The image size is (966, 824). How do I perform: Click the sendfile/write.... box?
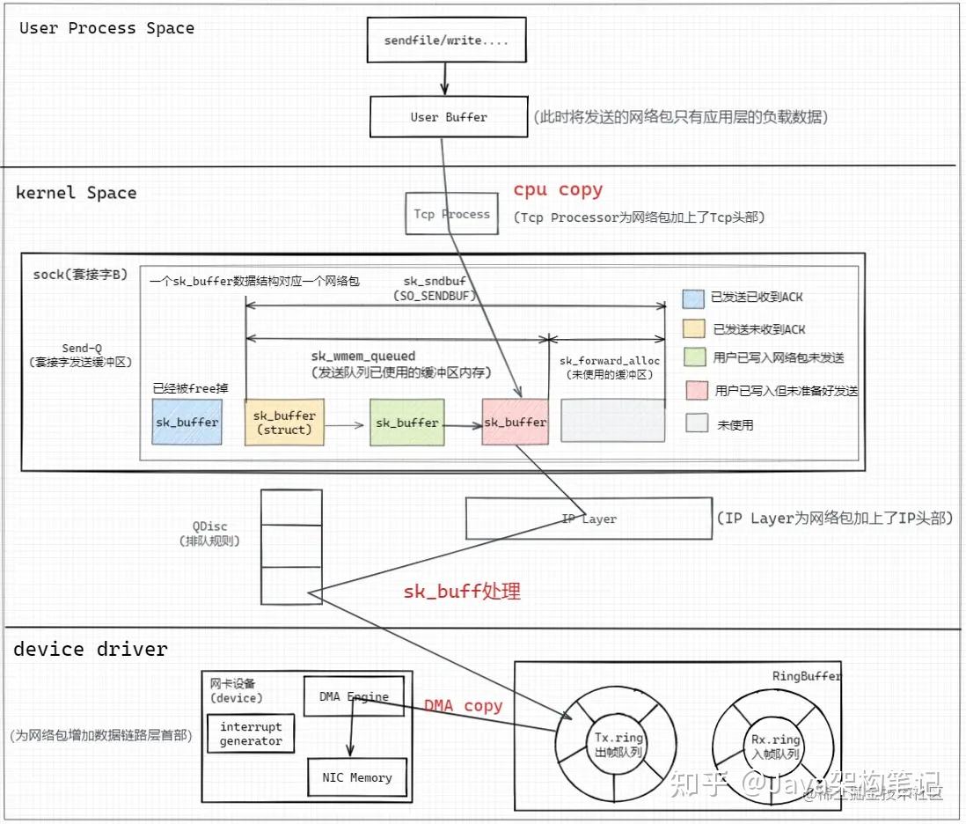point(446,40)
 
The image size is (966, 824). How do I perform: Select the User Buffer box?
point(448,117)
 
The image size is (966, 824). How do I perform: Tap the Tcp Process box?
point(451,214)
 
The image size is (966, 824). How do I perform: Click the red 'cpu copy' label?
point(558,189)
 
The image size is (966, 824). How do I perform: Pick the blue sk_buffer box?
point(187,422)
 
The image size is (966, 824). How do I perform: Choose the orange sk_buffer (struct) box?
point(283,422)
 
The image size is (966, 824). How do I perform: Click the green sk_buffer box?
point(406,423)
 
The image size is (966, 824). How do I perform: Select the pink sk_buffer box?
point(516,422)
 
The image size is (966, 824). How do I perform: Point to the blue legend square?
point(693,298)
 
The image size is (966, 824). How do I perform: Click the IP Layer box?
point(589,519)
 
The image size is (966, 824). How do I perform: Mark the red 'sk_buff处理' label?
point(462,591)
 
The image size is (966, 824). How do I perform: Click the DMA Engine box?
point(353,696)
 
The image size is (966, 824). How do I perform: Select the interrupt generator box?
point(251,734)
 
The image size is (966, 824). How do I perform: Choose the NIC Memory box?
point(356,777)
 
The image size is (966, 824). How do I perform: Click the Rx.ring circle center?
point(775,745)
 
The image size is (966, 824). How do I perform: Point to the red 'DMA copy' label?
point(463,705)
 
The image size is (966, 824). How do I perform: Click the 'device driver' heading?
point(90,650)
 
